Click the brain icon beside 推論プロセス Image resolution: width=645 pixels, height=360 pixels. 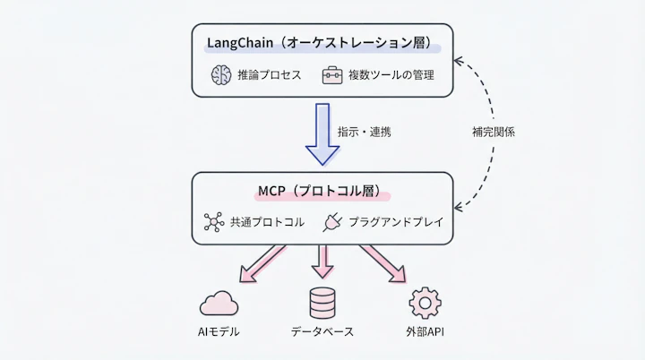pos(220,75)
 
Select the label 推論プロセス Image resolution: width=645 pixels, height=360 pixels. pos(270,75)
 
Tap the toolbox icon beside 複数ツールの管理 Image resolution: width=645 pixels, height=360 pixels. pos(333,75)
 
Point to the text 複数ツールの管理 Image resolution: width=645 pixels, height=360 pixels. pos(392,75)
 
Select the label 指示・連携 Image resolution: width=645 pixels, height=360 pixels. pos(364,132)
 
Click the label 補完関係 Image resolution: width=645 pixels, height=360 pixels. pos(494,132)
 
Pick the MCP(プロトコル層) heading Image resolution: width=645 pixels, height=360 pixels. pos(322,191)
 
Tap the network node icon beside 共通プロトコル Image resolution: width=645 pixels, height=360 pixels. pos(213,221)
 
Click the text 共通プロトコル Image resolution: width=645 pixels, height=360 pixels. pos(266,221)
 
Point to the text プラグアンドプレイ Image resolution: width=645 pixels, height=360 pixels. pos(393,221)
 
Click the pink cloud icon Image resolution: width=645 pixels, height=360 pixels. pos(219,304)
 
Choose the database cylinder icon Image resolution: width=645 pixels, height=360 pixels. pos(322,303)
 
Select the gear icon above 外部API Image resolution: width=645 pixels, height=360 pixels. pos(425,303)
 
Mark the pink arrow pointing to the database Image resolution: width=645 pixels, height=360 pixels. pos(322,261)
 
